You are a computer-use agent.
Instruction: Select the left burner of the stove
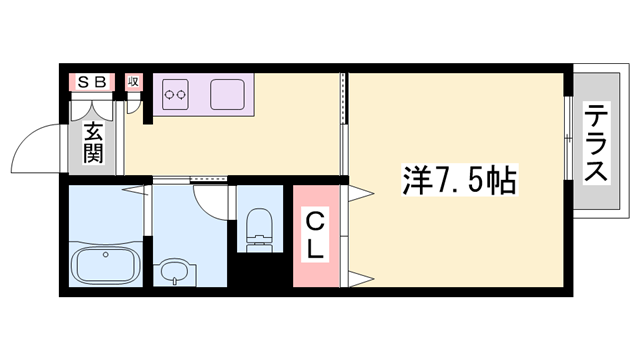coord(169,96)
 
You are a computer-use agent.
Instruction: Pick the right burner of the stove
coord(184,96)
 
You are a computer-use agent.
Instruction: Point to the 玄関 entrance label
coord(93,142)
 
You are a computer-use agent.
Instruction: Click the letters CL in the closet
coord(314,236)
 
